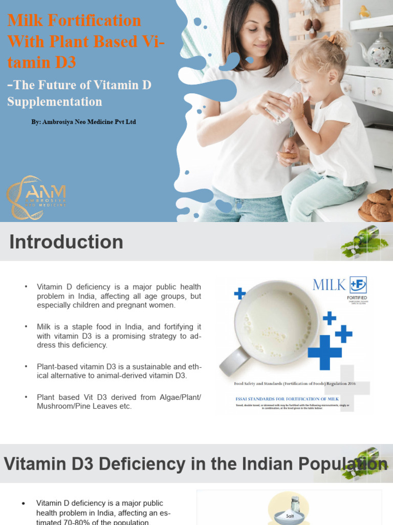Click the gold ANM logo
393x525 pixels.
(x=36, y=194)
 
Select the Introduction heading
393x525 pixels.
(x=66, y=242)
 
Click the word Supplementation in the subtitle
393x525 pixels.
(x=55, y=102)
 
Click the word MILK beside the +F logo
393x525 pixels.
(x=329, y=285)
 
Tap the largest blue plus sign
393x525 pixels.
(x=324, y=351)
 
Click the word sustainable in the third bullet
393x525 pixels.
(x=157, y=367)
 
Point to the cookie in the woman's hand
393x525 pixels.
(x=287, y=154)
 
